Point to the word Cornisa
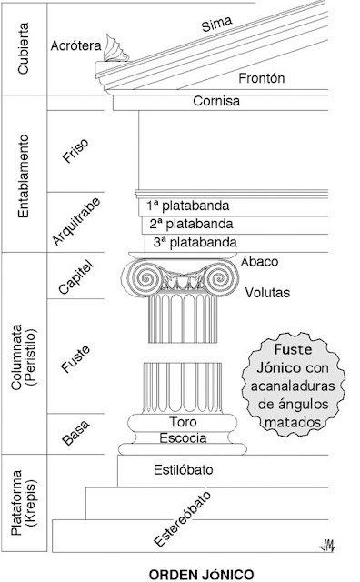coord(216,102)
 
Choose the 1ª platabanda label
coord(183,204)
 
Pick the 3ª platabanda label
coord(195,242)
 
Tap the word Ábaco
coord(259,262)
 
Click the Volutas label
coord(266,293)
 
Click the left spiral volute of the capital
coord(142,278)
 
